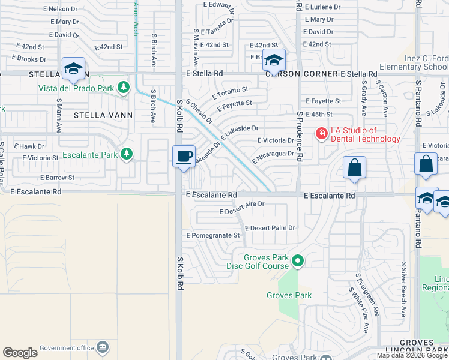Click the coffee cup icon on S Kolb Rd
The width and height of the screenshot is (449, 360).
coord(184,156)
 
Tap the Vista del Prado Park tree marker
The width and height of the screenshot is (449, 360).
coord(124,88)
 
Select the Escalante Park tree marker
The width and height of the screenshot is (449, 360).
coord(126,155)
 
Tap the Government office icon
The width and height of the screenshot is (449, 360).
coord(103,347)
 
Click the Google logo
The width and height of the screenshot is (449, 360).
coord(20,353)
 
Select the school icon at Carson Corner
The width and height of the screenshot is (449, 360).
coord(274,60)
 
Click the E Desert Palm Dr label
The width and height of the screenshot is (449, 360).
coord(273,228)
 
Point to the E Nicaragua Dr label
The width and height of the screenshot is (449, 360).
coord(273,153)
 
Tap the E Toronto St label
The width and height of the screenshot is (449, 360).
coord(229,93)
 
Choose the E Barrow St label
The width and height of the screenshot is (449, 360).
coord(57,178)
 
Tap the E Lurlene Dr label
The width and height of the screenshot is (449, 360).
coord(322,7)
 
